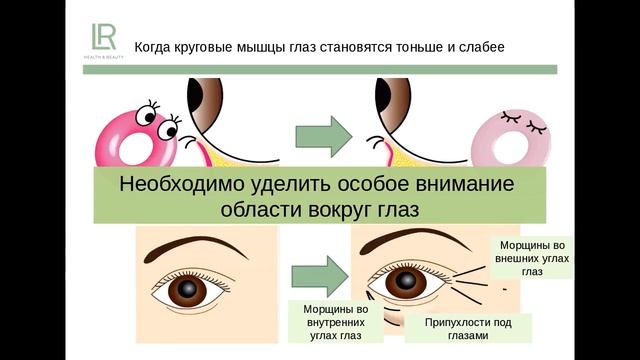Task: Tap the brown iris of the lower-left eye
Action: tap(187, 291)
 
